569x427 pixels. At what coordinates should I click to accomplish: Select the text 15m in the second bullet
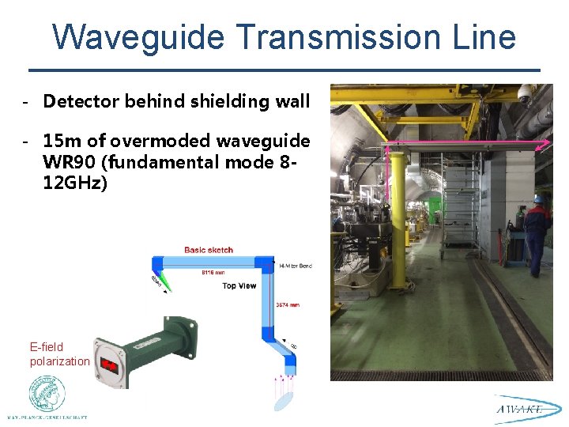(60, 141)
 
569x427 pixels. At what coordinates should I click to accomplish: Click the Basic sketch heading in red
(209, 250)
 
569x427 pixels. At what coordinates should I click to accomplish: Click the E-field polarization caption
(59, 353)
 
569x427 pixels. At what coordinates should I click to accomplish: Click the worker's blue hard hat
(538, 198)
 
